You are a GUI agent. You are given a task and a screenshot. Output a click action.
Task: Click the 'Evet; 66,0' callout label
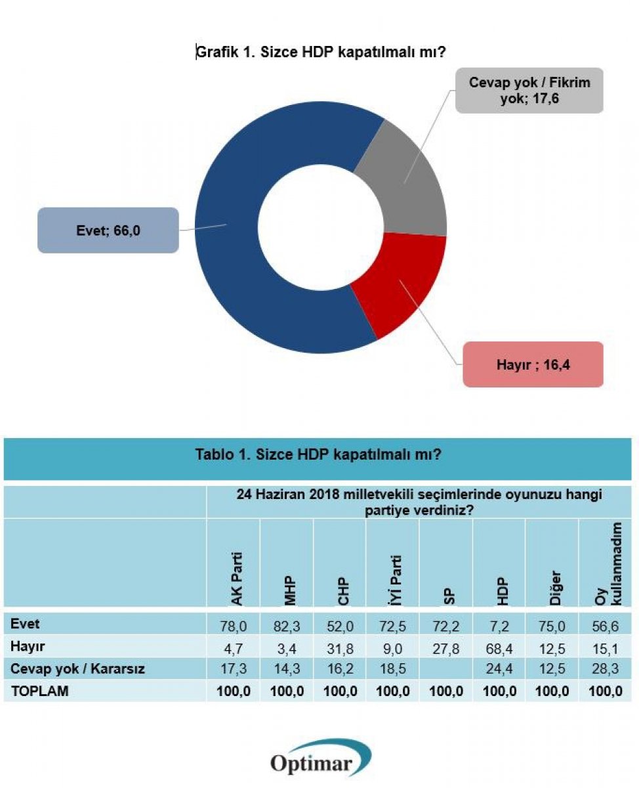108,230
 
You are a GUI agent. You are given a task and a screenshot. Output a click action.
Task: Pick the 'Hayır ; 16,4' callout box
532,364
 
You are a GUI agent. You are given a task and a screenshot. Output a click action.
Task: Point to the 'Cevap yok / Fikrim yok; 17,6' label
529,91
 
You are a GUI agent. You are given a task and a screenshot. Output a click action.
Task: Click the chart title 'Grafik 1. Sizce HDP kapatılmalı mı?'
321,53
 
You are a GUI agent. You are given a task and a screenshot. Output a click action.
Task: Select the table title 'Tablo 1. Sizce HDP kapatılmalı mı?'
318,454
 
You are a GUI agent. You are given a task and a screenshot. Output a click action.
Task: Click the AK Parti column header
234,578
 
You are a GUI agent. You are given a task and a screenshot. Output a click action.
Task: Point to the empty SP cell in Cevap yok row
446,670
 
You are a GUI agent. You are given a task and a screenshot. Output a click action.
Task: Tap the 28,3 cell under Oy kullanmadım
604,670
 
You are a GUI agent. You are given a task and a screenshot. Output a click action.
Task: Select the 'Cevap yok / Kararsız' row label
77,670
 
